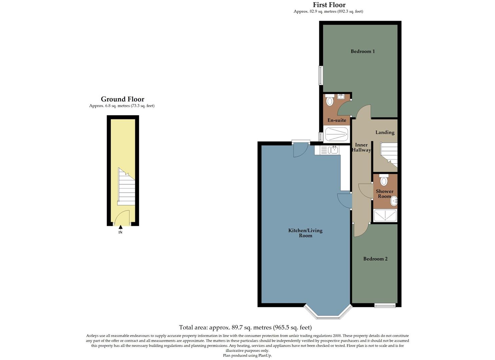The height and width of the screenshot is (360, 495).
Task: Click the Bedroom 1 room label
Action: tap(362, 51)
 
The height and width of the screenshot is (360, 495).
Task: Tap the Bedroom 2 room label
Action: tap(375, 259)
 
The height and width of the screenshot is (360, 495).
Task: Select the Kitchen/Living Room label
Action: tap(305, 233)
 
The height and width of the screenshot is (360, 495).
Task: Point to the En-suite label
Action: tap(337, 120)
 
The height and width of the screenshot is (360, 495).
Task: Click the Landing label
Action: tap(385, 132)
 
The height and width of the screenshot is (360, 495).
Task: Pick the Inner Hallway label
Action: tap(361, 147)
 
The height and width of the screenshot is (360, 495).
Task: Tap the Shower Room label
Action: tap(384, 194)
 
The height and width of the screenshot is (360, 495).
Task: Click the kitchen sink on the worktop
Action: tap(334, 150)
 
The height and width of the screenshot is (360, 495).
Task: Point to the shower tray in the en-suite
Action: tap(336, 134)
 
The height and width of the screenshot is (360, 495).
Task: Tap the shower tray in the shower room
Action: tap(385, 215)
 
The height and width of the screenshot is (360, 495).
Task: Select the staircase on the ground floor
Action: tap(127, 187)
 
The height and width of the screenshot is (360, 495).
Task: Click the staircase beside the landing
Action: tap(389, 154)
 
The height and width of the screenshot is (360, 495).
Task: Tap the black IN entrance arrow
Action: tap(120, 227)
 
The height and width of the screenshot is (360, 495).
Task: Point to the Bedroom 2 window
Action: tap(385, 305)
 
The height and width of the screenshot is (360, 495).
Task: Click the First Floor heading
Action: tap(329, 5)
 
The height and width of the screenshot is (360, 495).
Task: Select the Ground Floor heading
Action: tap(122, 99)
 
